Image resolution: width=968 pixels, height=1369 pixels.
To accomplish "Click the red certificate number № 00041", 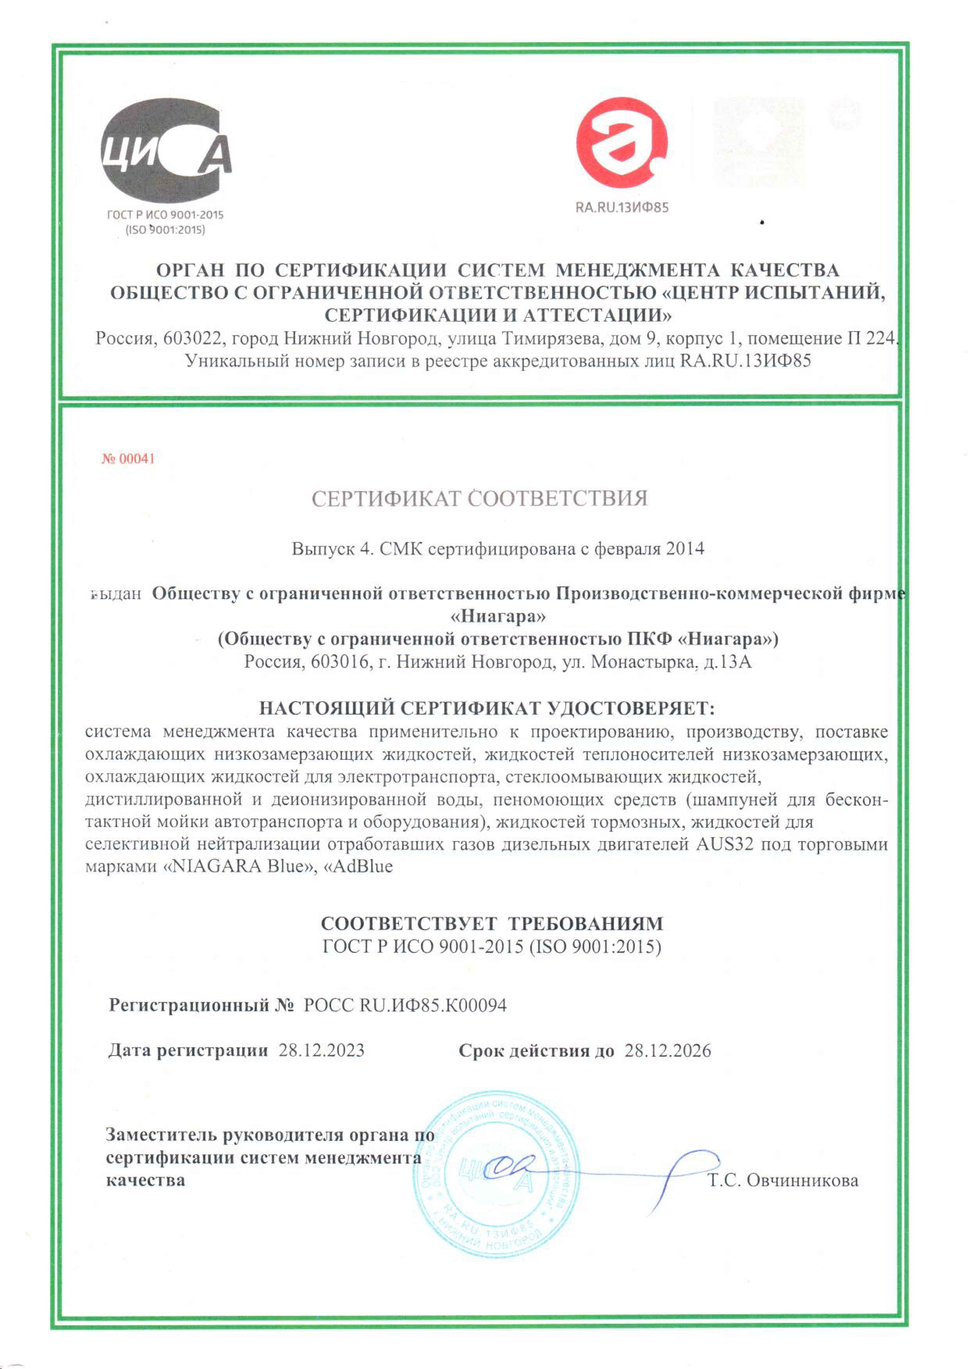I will (x=128, y=458).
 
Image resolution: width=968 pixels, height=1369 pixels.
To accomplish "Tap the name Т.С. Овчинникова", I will (x=783, y=1180).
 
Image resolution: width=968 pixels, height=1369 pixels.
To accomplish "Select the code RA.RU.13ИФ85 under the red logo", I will (x=622, y=207).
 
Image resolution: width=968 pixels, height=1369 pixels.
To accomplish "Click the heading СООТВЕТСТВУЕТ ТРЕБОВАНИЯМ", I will (x=492, y=923).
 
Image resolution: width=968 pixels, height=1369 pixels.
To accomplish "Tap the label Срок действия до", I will (x=536, y=1051).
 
